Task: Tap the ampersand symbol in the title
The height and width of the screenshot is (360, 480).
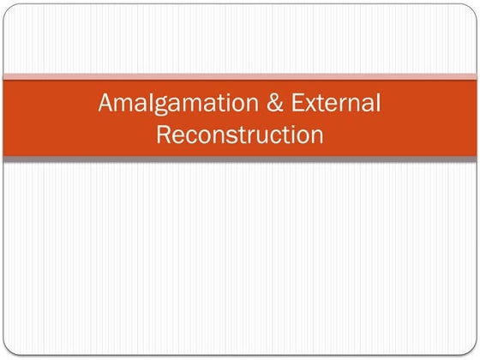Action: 259,105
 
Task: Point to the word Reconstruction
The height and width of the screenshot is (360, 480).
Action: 240,135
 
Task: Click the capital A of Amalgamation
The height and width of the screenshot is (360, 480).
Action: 106,105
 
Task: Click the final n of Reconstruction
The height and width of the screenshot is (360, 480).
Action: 316,136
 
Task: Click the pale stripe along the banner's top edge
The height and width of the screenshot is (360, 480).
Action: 240,77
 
